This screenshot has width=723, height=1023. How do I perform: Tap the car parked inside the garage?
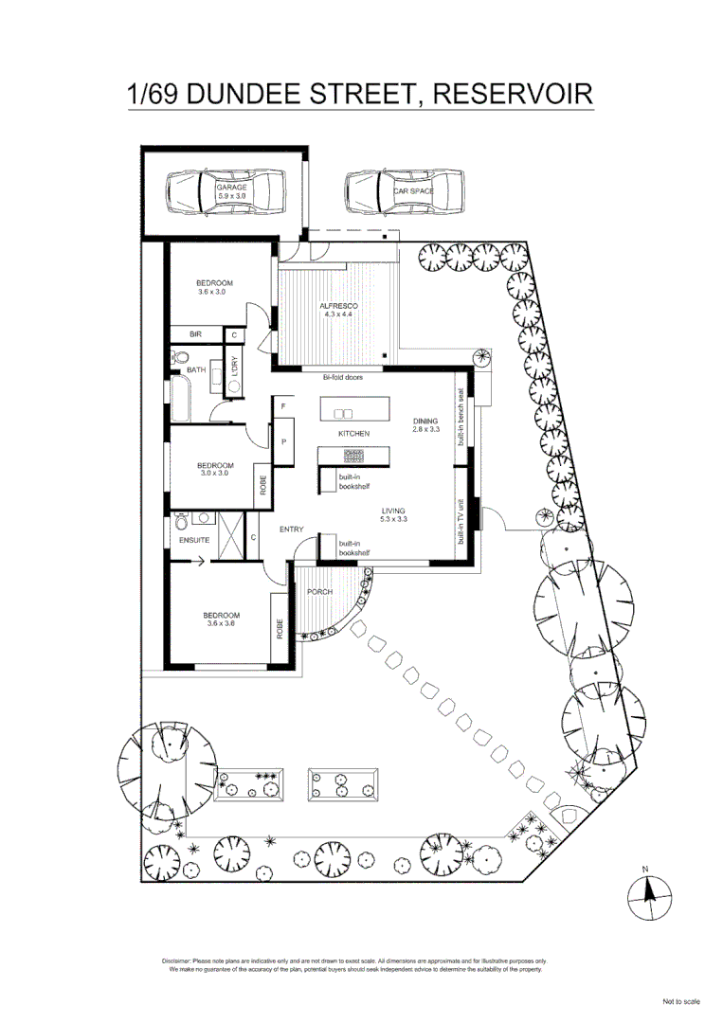(x=225, y=193)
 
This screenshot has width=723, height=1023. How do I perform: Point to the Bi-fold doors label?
(x=343, y=377)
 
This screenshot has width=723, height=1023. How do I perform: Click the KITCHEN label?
(x=353, y=433)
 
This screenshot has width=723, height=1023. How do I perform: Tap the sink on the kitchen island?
(x=343, y=414)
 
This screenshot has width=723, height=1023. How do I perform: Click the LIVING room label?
(x=393, y=512)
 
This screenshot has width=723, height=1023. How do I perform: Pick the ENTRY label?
(x=291, y=529)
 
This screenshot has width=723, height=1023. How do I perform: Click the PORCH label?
(x=320, y=592)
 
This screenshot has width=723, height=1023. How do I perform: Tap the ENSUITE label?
(x=193, y=541)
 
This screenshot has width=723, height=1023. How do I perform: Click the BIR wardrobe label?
(x=195, y=334)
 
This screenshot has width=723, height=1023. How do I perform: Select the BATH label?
(x=195, y=370)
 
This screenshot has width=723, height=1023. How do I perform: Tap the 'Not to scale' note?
(x=680, y=1001)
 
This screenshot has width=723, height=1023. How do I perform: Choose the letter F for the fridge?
(x=282, y=406)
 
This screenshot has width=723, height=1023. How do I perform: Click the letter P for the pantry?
(x=282, y=442)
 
